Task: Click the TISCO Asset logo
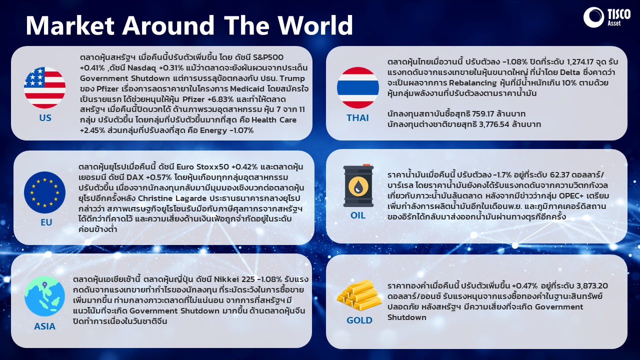click(606, 17)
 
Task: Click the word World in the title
click(315, 25)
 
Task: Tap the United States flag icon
click(44, 87)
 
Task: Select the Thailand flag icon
click(357, 87)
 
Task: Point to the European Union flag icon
click(44, 192)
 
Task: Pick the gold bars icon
click(359, 295)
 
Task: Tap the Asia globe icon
click(44, 296)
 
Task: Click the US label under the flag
click(45, 117)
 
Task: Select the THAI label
click(357, 117)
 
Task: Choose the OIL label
click(358, 215)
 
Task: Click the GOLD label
click(359, 320)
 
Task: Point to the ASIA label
click(44, 326)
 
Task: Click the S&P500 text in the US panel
click(268, 57)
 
